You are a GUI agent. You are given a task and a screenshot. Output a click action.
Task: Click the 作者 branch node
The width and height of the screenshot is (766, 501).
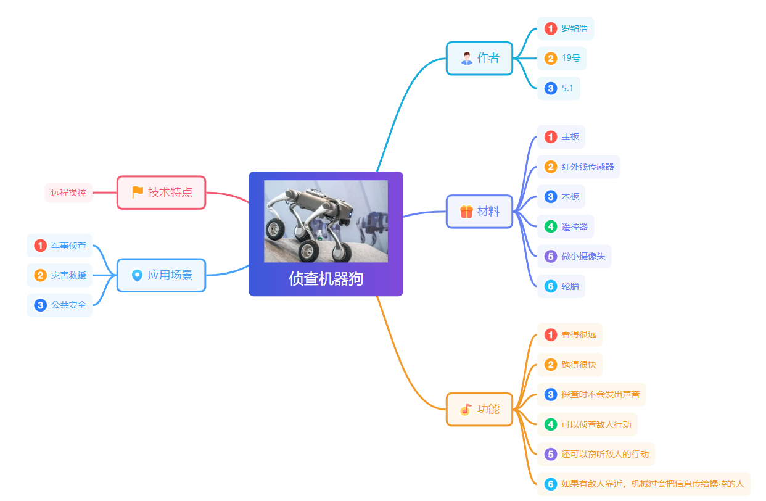click(x=479, y=58)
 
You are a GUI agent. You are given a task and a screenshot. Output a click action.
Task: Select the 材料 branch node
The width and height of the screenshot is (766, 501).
click(x=479, y=212)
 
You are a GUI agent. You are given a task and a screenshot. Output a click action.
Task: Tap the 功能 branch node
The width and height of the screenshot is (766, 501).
click(x=479, y=409)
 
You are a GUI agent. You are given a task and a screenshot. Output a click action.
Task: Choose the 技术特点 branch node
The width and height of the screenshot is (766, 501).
click(x=161, y=193)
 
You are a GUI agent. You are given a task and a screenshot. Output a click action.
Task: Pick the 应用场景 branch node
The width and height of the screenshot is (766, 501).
click(x=161, y=275)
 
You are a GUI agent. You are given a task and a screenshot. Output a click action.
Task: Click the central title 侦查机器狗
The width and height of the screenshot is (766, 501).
click(x=326, y=278)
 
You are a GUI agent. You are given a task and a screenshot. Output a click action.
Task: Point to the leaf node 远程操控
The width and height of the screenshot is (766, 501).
click(x=68, y=193)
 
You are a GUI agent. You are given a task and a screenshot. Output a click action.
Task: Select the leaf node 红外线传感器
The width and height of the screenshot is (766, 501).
click(x=579, y=167)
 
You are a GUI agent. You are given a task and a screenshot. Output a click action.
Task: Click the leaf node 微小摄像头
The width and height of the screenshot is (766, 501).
click(x=574, y=256)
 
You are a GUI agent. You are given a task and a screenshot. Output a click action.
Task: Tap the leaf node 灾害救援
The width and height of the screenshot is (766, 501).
click(x=59, y=275)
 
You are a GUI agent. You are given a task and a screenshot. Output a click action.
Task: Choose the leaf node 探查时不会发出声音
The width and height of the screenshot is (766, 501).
click(x=591, y=394)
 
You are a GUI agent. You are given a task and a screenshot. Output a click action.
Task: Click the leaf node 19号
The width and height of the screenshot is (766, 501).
click(x=561, y=58)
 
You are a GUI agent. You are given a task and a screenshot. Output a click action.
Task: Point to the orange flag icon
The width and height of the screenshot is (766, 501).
click(x=138, y=193)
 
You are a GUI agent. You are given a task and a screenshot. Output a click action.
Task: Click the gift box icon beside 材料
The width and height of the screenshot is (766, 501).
click(x=466, y=212)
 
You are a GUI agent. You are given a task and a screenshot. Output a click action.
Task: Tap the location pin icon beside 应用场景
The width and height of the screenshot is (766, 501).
click(x=137, y=275)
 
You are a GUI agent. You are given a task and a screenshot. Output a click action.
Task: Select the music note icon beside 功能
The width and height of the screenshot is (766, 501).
click(x=466, y=409)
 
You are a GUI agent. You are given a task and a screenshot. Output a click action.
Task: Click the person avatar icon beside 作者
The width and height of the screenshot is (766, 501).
click(x=467, y=58)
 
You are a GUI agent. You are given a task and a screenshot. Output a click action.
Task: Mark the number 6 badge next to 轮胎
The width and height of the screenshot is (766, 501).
click(x=551, y=286)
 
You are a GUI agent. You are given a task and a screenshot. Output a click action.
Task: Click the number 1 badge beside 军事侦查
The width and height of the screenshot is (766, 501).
click(x=40, y=246)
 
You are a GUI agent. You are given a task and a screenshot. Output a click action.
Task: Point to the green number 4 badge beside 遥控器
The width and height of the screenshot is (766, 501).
click(x=551, y=226)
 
